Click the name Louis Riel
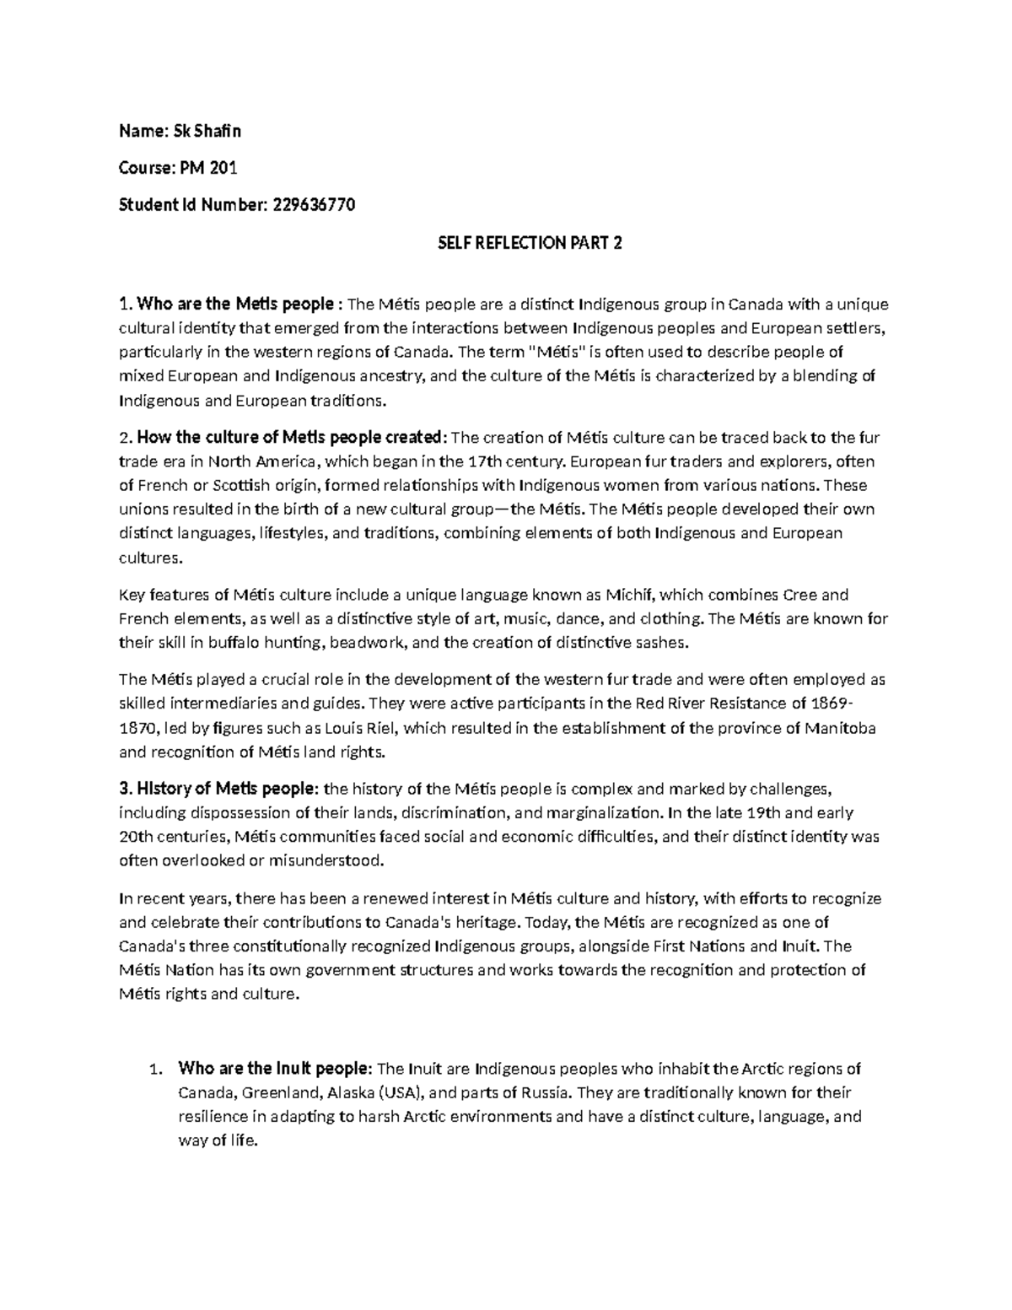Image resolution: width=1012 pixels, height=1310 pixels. point(363,728)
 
